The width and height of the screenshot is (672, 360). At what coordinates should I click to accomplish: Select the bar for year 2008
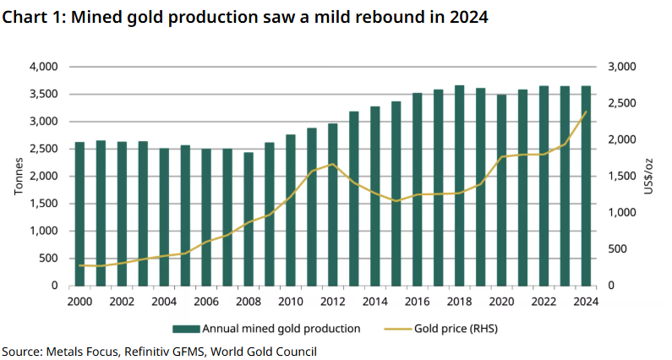pos(249,219)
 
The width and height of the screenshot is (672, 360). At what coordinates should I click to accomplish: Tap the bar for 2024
pos(586,186)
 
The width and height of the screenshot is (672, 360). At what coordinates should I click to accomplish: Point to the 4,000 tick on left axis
pos(43,67)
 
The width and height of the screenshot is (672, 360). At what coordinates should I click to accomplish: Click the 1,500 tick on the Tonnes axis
pos(43,204)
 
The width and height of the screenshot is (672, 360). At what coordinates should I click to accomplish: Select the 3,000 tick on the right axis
pos(621,67)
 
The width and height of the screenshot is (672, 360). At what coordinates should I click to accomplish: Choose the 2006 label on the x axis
pos(206,302)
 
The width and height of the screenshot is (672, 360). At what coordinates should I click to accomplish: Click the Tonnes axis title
pos(19,176)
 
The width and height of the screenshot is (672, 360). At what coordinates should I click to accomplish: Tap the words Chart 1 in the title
pos(32,17)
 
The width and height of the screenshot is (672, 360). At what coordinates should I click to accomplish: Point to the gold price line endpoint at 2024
pos(586,112)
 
